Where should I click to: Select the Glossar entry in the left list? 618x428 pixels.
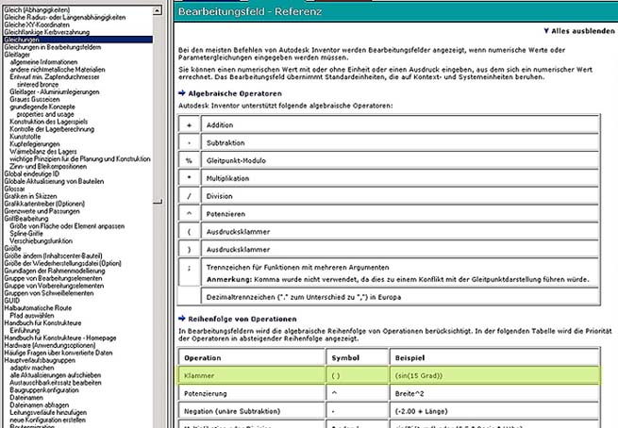[x=16, y=188]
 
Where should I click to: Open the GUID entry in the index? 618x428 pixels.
[x=12, y=300]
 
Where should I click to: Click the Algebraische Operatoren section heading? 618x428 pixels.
[x=236, y=95]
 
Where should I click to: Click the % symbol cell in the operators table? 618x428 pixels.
[x=189, y=160]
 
